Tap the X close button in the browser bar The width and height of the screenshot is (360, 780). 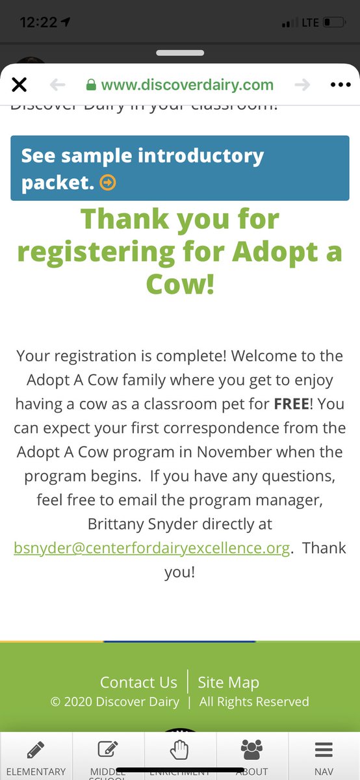[19, 84]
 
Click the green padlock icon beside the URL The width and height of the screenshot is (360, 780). [92, 84]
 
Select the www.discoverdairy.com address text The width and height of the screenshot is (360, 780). [187, 84]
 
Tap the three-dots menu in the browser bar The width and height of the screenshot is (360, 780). [340, 84]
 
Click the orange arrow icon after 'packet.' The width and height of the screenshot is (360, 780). [108, 183]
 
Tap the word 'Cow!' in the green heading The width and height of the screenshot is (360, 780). [180, 285]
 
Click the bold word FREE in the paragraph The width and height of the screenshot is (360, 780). [291, 404]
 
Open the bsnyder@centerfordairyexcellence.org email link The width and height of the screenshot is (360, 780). [152, 548]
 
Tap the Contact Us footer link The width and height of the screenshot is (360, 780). [138, 682]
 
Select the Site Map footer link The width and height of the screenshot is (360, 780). [228, 682]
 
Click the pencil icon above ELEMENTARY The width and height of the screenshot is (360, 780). [36, 750]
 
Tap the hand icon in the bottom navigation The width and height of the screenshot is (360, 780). [179, 750]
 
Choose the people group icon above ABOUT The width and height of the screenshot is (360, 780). [251, 750]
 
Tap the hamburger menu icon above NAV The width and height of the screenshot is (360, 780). [324, 750]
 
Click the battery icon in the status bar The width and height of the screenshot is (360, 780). [333, 23]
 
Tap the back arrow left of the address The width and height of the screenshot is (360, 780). [58, 84]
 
